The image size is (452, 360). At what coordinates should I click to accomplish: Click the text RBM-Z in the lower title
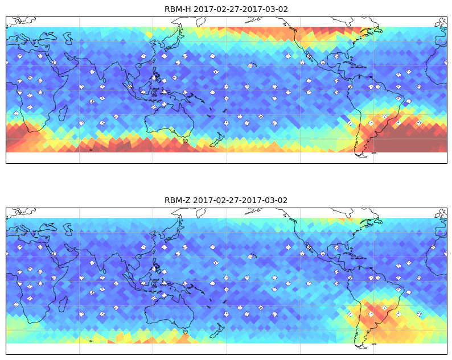point(178,200)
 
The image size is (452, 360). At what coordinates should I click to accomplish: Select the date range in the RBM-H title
point(241,9)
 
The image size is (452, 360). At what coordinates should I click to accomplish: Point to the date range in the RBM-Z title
point(240,200)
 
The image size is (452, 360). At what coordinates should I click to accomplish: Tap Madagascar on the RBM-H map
point(63,113)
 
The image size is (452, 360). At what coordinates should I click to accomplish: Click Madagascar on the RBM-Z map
point(63,304)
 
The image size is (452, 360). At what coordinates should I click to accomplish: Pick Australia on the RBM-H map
point(170,122)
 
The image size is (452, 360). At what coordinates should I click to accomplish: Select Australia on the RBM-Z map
point(170,312)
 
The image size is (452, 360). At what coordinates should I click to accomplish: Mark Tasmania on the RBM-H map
point(186,141)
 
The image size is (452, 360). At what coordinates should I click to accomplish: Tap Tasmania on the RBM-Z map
point(186,332)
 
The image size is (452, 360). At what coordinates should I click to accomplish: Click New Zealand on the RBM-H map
point(217,140)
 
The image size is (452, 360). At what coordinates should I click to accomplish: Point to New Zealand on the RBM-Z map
point(217,330)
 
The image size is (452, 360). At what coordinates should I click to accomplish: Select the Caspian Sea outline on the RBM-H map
point(68,38)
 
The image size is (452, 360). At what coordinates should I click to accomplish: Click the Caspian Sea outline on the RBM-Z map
point(68,229)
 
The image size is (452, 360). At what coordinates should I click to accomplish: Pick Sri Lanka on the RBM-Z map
point(104,271)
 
